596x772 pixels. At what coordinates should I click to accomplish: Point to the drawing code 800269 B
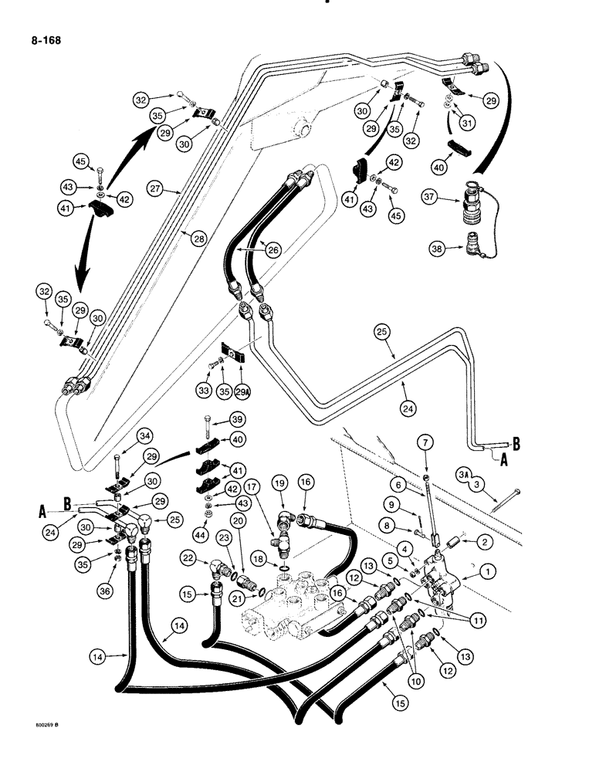tap(28, 746)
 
